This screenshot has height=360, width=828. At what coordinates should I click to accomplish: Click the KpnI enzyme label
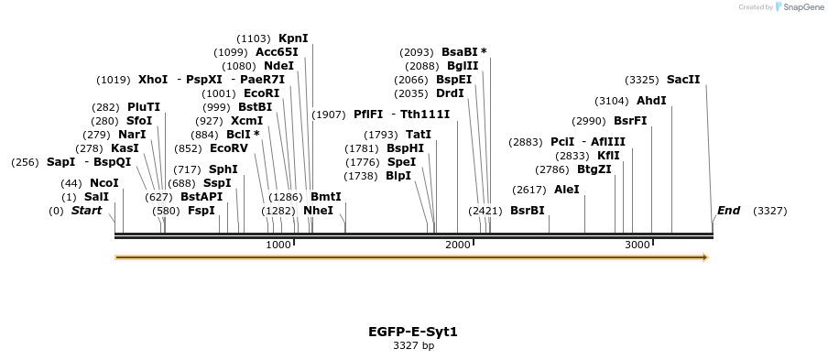[x=293, y=38]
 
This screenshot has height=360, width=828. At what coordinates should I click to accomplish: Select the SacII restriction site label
[x=683, y=80]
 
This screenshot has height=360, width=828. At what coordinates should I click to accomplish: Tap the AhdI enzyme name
[x=651, y=101]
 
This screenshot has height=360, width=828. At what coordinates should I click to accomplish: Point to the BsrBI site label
[x=528, y=211]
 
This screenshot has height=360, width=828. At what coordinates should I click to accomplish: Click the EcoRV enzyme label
[x=229, y=147]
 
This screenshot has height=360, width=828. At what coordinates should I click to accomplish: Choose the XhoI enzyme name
[x=153, y=80]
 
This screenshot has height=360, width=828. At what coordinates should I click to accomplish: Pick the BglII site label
[x=463, y=66]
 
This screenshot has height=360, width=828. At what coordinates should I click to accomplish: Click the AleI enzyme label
[x=567, y=190]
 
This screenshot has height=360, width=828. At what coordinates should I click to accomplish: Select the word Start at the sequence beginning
[x=86, y=211]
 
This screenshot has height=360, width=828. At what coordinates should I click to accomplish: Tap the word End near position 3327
[x=729, y=211]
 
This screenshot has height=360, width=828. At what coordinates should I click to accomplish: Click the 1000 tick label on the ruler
[x=278, y=245]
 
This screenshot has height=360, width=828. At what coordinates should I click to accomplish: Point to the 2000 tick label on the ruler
[x=458, y=245]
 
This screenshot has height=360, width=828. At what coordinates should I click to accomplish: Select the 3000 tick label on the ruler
[x=637, y=245]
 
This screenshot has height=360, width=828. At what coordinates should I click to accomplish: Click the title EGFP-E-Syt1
[x=413, y=332]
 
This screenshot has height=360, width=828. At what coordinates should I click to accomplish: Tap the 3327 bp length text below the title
[x=413, y=346]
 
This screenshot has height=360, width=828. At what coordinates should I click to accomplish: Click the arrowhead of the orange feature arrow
[x=705, y=257]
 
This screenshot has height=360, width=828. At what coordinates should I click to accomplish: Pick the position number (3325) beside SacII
[x=643, y=80]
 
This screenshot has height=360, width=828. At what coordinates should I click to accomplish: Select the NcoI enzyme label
[x=104, y=183]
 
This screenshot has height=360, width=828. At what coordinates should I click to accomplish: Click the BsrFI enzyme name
[x=630, y=121]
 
